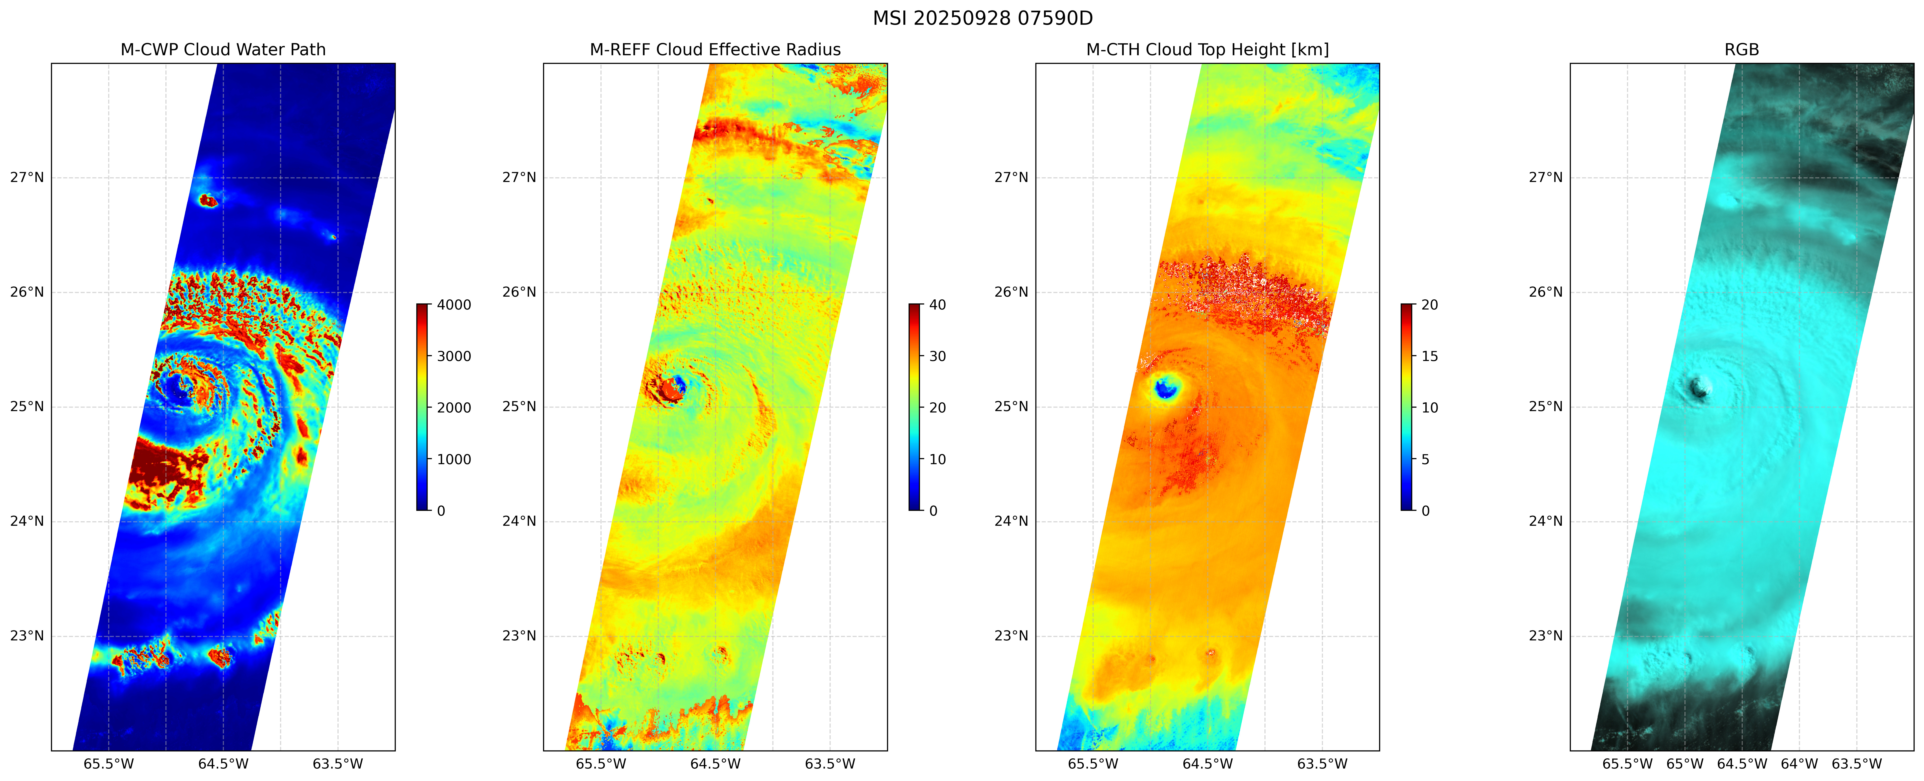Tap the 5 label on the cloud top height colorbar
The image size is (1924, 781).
pos(1425,459)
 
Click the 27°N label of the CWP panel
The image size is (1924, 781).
pos(27,178)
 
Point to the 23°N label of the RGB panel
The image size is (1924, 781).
pos(1545,636)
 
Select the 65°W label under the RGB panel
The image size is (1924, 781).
pos(1685,764)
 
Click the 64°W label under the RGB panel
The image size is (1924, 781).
pos(1799,764)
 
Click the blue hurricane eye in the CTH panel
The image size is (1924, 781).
pos(1165,388)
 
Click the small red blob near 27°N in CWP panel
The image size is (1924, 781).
pos(208,200)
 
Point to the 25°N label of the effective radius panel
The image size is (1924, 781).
pos(519,407)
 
